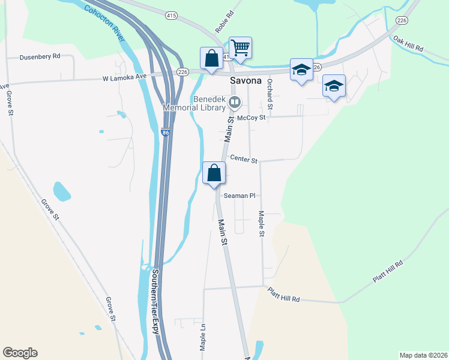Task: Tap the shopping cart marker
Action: [240, 47]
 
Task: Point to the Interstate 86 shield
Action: [164, 131]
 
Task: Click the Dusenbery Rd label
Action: [40, 56]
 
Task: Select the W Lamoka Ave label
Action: [124, 77]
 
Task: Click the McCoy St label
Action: [251, 118]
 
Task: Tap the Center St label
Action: [243, 161]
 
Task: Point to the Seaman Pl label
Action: [240, 196]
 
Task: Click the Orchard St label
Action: [270, 94]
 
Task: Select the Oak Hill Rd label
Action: [409, 44]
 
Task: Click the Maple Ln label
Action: [203, 338]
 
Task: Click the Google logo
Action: [20, 353]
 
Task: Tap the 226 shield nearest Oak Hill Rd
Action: [401, 20]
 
